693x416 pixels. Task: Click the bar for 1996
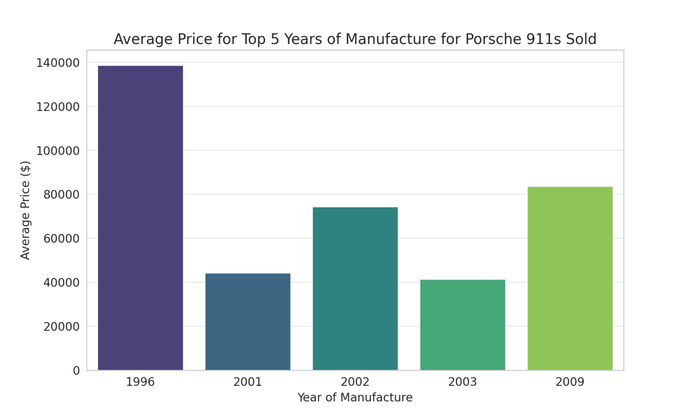[141, 217]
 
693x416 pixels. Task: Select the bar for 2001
[248, 322]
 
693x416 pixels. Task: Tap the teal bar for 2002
[355, 288]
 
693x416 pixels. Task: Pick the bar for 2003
[462, 325]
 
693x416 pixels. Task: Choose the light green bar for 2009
[570, 278]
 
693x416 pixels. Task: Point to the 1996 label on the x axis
[141, 382]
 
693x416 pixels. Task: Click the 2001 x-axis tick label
[248, 382]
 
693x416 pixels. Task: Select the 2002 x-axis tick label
[355, 382]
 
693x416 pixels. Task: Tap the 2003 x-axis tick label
[462, 382]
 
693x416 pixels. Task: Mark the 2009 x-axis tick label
[570, 382]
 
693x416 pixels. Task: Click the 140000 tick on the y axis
[58, 63]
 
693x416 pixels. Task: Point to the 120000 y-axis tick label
[58, 107]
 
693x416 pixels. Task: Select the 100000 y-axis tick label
[58, 151]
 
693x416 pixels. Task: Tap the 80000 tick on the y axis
[61, 195]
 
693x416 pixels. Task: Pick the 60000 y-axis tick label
[61, 239]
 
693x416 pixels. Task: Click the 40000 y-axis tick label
[61, 283]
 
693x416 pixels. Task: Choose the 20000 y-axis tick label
[61, 326]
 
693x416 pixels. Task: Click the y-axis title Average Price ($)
[25, 210]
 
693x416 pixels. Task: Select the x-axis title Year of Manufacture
[355, 398]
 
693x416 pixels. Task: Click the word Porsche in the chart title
[489, 40]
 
